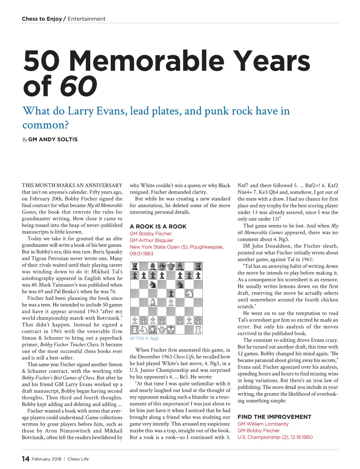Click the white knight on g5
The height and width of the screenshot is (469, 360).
click(189, 294)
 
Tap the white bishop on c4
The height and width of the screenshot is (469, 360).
click(153, 303)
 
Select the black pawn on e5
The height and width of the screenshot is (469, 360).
click(171, 294)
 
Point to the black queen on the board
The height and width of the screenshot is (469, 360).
click(162, 266)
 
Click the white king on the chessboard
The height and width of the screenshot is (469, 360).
click(171, 330)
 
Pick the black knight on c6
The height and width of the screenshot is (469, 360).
click(153, 284)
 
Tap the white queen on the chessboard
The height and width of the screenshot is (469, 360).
click(162, 330)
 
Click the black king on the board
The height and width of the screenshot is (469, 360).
click(171, 266)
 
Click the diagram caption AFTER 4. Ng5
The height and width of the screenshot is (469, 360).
click(144, 339)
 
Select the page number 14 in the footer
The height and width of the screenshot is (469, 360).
click(25, 459)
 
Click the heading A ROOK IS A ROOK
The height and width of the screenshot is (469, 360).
click(158, 226)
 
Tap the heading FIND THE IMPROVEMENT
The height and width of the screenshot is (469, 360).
click(274, 417)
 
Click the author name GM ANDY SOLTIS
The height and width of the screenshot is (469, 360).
click(53, 139)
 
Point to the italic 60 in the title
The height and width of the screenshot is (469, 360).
click(79, 86)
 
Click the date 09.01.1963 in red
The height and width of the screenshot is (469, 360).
click(142, 254)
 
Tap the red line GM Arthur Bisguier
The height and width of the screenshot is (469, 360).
click(151, 240)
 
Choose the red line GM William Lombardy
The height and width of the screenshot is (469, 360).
click(263, 424)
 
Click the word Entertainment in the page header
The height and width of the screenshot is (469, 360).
click(86, 19)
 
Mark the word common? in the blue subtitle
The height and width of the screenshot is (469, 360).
click(46, 125)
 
